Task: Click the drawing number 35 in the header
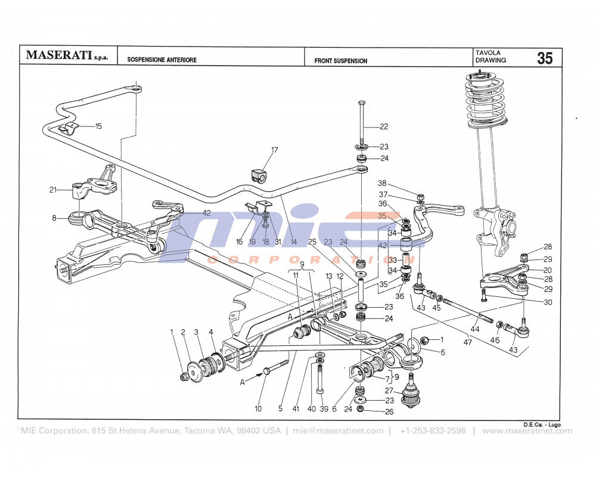(x=545, y=58)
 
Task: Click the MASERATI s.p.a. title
(x=67, y=56)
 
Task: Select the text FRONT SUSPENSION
(x=341, y=61)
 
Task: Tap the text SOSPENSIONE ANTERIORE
(x=162, y=60)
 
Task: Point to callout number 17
(x=275, y=150)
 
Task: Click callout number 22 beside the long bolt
(x=384, y=126)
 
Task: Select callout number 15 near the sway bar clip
(x=98, y=126)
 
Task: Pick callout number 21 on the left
(x=53, y=190)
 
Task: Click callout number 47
(x=468, y=342)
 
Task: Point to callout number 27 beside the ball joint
(x=389, y=391)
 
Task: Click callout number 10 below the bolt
(x=258, y=409)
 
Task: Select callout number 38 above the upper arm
(x=382, y=184)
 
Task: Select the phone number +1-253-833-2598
(x=433, y=430)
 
